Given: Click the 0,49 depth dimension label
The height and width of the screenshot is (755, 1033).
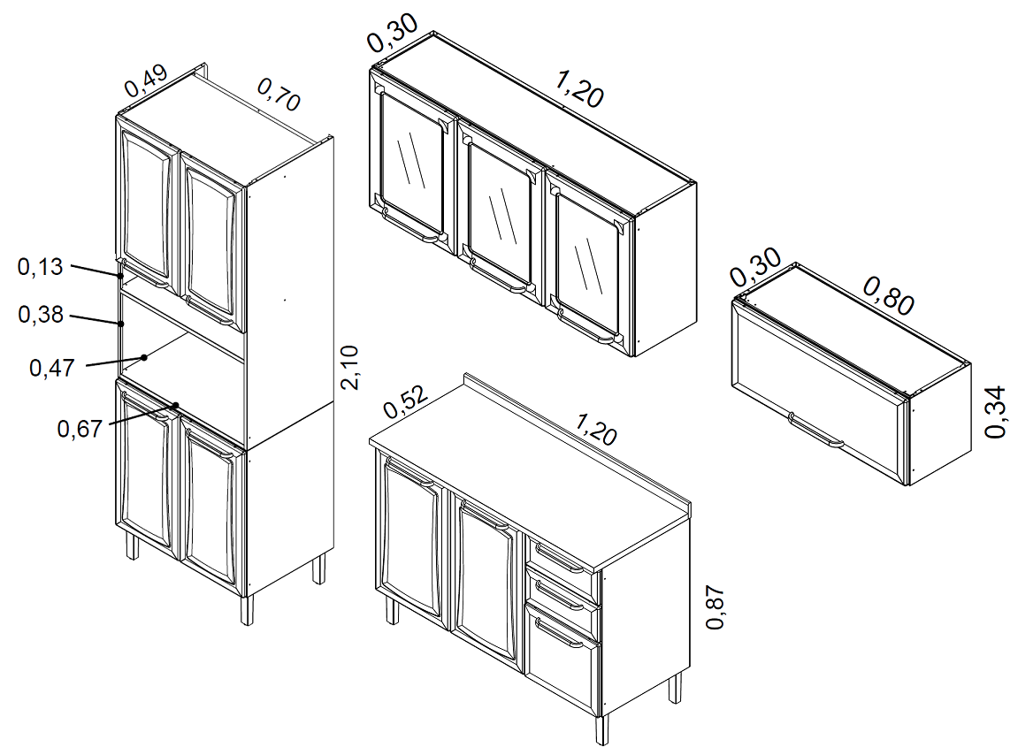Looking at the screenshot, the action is click(x=146, y=80).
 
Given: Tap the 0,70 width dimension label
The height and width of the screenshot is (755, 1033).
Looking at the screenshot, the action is click(x=279, y=95).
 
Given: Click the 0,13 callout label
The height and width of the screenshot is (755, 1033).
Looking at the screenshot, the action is click(x=40, y=267).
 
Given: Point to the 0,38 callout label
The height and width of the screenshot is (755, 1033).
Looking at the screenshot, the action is click(x=41, y=315).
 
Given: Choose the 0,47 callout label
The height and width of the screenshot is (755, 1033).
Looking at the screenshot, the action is click(x=52, y=368).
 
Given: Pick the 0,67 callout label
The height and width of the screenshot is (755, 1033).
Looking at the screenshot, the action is click(x=80, y=429).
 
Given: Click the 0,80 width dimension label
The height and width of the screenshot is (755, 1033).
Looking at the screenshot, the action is click(x=889, y=296).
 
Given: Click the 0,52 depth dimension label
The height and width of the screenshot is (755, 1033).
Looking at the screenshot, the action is click(x=406, y=401).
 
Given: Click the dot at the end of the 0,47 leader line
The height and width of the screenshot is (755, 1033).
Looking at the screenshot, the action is click(x=144, y=357).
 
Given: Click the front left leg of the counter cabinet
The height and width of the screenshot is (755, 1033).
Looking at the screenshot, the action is click(x=391, y=610).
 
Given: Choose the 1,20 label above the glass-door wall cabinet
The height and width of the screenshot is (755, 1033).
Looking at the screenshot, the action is click(x=579, y=89).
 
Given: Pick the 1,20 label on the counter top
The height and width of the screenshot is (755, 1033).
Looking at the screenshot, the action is click(x=596, y=429).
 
